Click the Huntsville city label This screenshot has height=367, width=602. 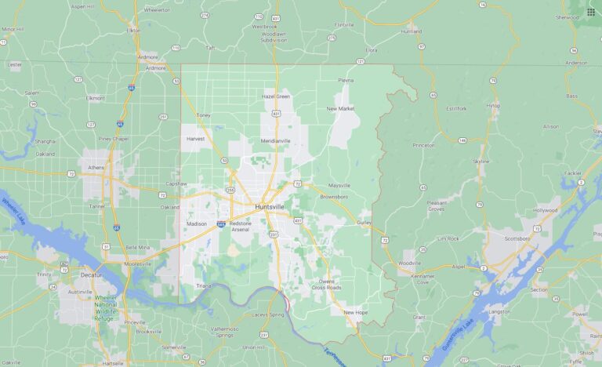pyautogui.click(x=270, y=207)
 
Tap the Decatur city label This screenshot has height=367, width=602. pyautogui.click(x=92, y=276)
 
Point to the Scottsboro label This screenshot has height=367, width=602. pyautogui.click(x=517, y=238)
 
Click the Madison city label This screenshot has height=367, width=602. pyautogui.click(x=196, y=223)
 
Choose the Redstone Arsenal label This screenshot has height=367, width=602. pyautogui.click(x=240, y=226)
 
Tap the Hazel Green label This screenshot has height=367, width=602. pyautogui.click(x=276, y=96)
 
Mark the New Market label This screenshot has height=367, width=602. pyautogui.click(x=341, y=108)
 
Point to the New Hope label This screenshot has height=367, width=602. pyautogui.click(x=355, y=312)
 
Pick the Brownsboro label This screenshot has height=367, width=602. pyautogui.click(x=335, y=196)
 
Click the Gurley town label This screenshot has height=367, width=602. pyautogui.click(x=364, y=223)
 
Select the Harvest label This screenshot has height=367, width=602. pyautogui.click(x=195, y=139)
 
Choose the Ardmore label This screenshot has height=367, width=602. pyautogui.click(x=147, y=56)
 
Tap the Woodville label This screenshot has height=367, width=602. pyautogui.click(x=410, y=263)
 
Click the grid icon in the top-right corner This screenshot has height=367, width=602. pyautogui.click(x=590, y=12)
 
